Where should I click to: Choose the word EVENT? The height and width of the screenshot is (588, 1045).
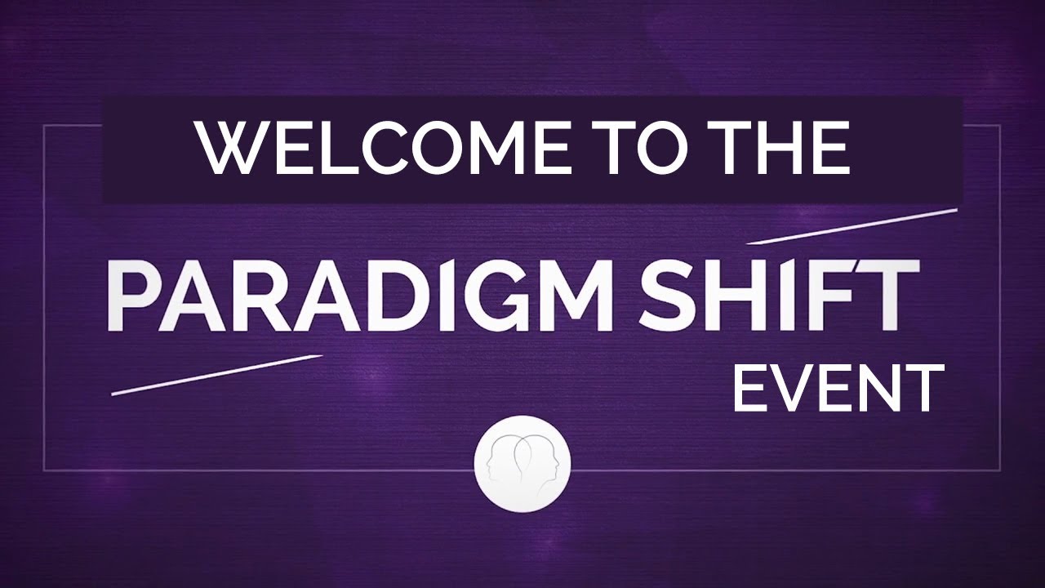click(x=838, y=389)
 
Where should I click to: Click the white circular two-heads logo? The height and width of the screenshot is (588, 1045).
click(x=522, y=464)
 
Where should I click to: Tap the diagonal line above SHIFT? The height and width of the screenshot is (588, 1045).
click(x=852, y=225)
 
